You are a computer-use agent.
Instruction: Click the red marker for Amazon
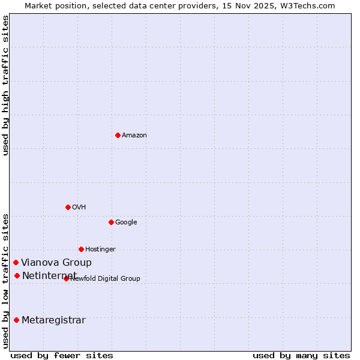118,135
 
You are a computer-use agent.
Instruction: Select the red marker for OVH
68,207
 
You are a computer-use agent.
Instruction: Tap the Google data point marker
111,222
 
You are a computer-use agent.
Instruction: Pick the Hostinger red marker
81,249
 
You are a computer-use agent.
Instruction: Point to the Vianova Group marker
16,262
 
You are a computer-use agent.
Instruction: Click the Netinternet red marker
17,275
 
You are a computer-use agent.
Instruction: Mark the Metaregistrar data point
16,320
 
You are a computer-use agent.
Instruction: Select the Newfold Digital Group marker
66,278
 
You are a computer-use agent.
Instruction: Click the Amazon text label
134,136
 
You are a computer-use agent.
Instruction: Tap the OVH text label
79,208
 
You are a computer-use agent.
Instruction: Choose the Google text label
126,223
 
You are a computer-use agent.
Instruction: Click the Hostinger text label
100,250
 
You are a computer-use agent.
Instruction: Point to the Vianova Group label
56,263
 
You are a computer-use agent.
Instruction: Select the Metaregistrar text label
53,320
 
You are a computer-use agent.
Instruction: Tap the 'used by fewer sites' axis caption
62,355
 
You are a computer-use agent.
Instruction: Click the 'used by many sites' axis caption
301,355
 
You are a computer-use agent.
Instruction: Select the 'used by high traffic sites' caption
6,85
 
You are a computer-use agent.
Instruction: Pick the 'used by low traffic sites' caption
6,280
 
